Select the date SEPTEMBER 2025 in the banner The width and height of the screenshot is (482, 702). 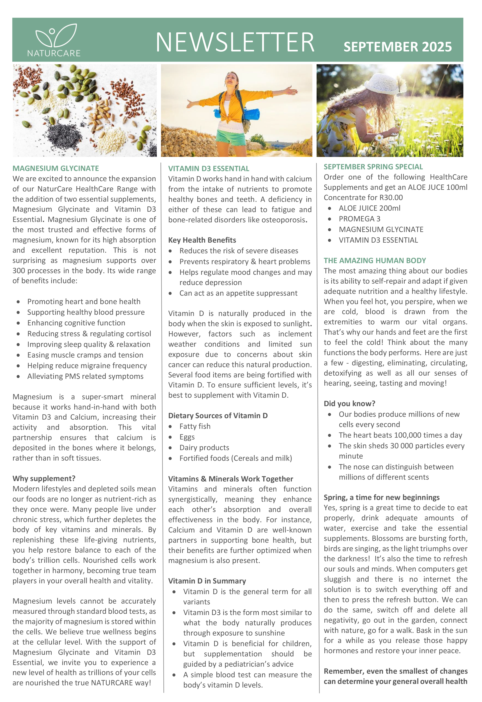[397, 47]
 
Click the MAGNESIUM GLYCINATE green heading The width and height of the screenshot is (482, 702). [56, 168]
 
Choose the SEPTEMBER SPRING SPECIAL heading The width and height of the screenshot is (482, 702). [373, 167]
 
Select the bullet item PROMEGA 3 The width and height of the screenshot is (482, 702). [359, 219]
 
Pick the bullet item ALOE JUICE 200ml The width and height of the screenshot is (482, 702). [369, 208]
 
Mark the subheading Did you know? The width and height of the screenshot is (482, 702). [350, 404]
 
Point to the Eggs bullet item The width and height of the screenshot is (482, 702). [187, 437]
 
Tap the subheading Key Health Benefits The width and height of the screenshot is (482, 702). [202, 240]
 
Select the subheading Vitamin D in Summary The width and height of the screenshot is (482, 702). [207, 581]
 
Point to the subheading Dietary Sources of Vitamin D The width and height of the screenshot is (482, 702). [218, 416]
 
